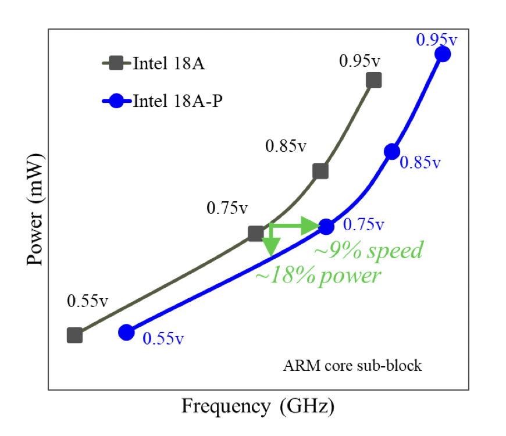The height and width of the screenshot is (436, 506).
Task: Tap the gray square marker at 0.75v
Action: coord(255,234)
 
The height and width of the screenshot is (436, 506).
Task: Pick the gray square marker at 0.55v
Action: coord(74,335)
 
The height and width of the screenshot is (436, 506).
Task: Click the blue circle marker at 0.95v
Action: coord(443,54)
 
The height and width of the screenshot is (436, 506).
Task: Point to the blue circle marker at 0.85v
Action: coord(392,152)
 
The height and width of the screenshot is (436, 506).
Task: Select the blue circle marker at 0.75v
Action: coord(326,226)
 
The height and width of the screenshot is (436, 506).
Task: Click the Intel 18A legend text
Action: coord(168,63)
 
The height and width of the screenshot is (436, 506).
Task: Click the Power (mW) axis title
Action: coord(35,209)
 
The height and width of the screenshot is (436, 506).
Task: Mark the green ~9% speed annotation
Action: coord(368,251)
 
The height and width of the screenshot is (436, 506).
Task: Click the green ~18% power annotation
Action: coord(317,276)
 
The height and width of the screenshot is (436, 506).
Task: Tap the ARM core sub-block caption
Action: coord(352,366)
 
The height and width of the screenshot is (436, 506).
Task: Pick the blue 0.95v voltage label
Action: coord(437,40)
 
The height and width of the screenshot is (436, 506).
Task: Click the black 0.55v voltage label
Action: coord(87,302)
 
